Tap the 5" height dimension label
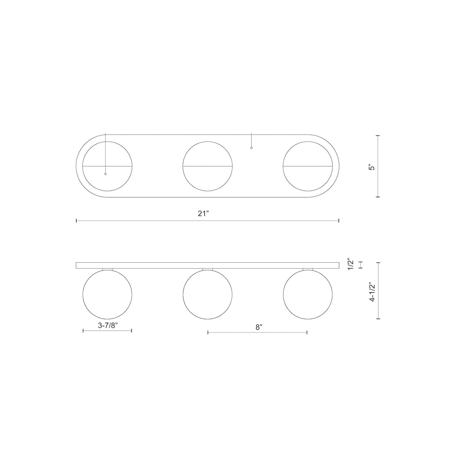coord(373,167)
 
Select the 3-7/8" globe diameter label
coord(108,326)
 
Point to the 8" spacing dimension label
coord(259,327)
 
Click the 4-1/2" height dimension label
coord(373,293)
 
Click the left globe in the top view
coord(108,166)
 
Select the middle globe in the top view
coord(208,166)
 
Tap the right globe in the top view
coord(308,166)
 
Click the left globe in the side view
coord(108,295)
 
